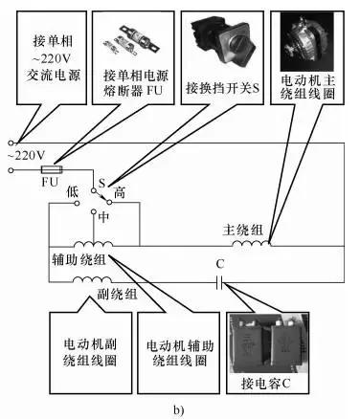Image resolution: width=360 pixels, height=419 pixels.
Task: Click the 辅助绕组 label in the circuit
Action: (78, 260)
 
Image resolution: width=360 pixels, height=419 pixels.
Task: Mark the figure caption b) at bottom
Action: (178, 409)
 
